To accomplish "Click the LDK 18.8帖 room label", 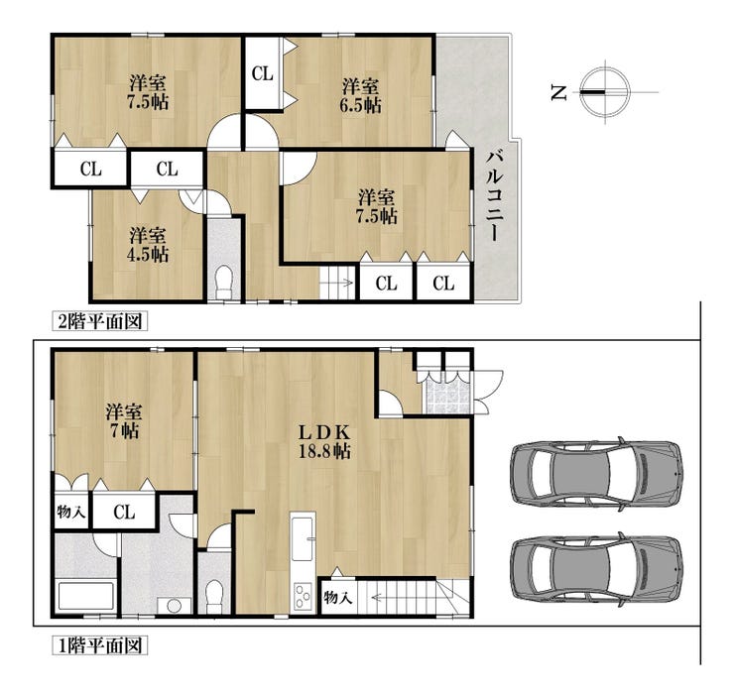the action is pos(325,441).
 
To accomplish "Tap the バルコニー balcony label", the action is pos(495,195).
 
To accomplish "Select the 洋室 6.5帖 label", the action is pos(360,95).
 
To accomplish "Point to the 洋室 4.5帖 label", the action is pos(148,244).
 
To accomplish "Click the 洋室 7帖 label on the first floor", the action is pos(124,421).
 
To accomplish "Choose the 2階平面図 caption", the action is pos(99,321).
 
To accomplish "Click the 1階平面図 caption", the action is pos(99,645).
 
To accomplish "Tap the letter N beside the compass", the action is pos(558,92).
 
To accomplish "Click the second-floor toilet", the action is pos(223,283).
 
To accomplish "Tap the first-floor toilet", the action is pos(214,596).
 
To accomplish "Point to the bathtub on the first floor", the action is pos(85,595).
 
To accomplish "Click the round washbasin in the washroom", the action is pos(175,605).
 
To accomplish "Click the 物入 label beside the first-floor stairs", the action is pos(337,597).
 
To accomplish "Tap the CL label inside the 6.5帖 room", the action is pos(262,73).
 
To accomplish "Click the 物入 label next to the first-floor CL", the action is pos(70,512).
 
